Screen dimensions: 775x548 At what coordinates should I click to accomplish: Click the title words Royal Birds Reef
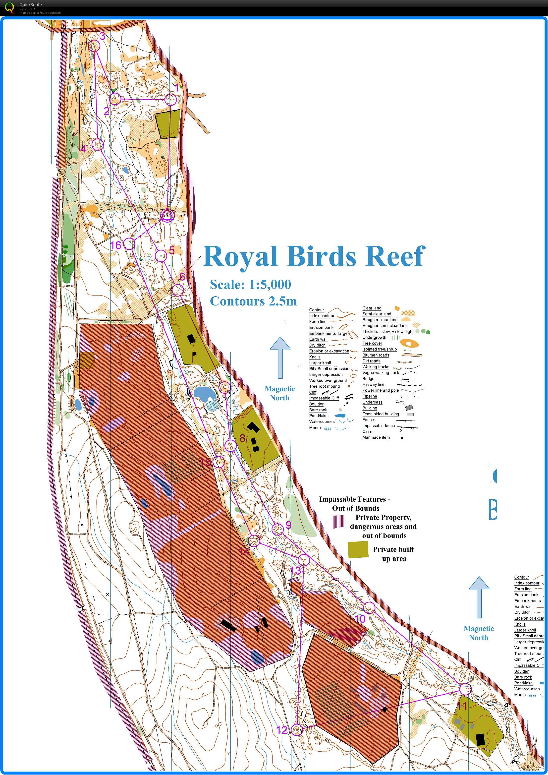[314, 256]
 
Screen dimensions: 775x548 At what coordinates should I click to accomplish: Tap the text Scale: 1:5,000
[250, 285]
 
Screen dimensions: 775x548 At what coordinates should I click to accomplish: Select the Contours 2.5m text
[253, 301]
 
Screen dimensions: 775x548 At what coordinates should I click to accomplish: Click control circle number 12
[297, 730]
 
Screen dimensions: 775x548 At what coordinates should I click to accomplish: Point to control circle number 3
[95, 45]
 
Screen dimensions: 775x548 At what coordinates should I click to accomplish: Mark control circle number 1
[170, 100]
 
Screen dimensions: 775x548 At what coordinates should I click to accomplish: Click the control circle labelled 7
[225, 387]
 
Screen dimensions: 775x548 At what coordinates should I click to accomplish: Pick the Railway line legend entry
[373, 384]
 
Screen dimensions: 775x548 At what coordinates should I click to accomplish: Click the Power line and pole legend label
[380, 390]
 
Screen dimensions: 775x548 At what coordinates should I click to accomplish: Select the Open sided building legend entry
[380, 414]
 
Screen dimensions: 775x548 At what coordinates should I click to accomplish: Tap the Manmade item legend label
[376, 437]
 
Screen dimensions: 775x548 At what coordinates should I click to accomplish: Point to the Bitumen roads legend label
[376, 355]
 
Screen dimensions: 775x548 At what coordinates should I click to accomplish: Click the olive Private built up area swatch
[358, 549]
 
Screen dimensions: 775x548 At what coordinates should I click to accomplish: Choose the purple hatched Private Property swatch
[338, 522]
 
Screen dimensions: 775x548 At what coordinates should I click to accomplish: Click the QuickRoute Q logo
[10, 7]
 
